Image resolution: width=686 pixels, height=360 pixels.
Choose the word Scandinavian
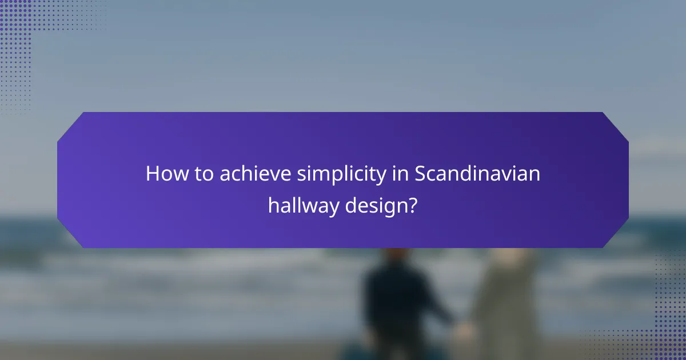477,174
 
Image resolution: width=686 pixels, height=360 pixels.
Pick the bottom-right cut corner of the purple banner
615,235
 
